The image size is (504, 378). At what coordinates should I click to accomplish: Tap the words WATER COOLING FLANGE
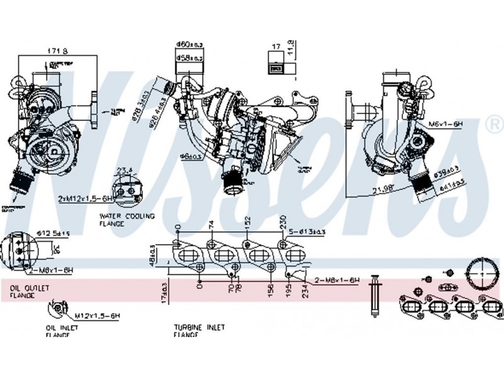126,219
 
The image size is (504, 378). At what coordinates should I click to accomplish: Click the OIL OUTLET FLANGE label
28,290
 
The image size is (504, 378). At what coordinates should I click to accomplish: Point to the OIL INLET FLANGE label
60,331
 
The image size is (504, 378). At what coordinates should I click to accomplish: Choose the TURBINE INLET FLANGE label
199,331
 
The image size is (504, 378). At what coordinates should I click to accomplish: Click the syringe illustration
374,295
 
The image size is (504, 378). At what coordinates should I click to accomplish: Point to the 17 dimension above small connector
275,46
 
